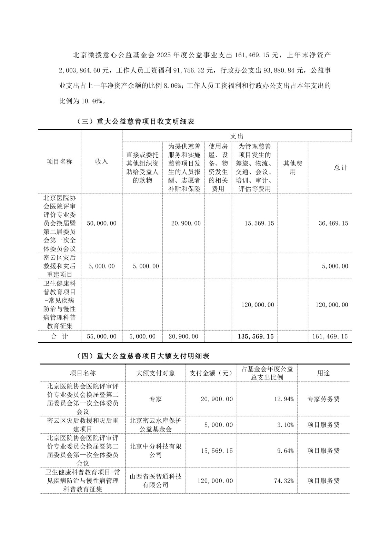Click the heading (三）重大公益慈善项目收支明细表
[135, 121]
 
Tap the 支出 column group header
[237, 136]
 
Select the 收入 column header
[101, 161]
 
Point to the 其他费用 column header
[292, 167]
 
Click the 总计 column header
[340, 168]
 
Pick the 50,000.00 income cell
[102, 223]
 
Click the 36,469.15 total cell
[333, 223]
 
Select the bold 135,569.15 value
[256, 336]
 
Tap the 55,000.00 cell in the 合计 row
[102, 336]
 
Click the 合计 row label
[59, 336]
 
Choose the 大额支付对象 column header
[156, 373]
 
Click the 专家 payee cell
[156, 399]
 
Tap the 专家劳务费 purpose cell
[323, 399]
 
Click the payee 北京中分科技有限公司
[156, 451]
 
